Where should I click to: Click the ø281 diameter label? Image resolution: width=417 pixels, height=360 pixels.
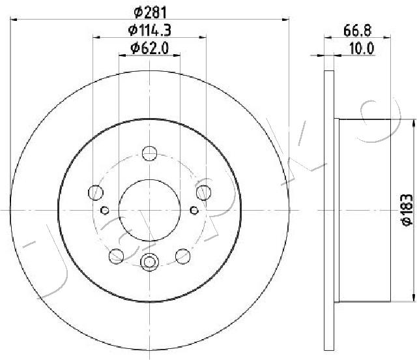(150, 12)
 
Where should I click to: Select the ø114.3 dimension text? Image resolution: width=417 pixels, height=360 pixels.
(149, 30)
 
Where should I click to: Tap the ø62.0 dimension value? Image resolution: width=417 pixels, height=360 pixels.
(150, 48)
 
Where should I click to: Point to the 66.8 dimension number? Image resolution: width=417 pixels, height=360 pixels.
(357, 31)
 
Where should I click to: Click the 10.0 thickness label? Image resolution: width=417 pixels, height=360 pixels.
(362, 48)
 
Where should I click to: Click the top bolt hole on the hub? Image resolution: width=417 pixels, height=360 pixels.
(149, 153)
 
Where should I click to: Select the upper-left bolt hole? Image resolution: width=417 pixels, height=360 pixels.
(96, 192)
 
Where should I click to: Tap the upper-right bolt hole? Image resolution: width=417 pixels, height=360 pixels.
(204, 192)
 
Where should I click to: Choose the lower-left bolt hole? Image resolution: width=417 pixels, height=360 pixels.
(116, 256)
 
